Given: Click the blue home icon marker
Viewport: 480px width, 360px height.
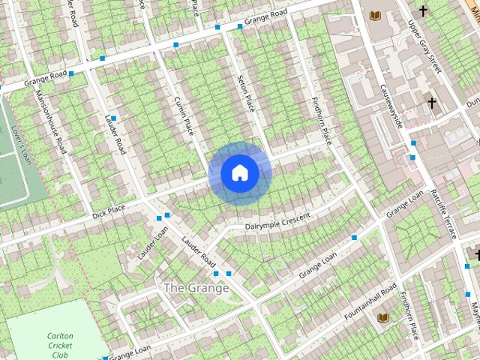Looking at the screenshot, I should click(x=239, y=173).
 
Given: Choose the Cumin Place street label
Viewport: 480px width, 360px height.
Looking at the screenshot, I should click(x=184, y=117).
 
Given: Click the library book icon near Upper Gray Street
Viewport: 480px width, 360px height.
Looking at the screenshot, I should click(x=375, y=15).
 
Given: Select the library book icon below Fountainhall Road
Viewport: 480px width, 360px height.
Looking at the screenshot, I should click(x=382, y=318).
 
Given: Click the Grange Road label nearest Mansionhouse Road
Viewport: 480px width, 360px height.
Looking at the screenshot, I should click(x=46, y=77).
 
